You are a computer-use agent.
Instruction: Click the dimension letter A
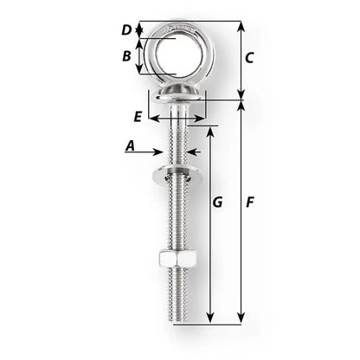tap(131, 147)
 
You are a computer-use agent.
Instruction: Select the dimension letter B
tap(127, 56)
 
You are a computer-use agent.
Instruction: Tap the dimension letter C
tap(248, 59)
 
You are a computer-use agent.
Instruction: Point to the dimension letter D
tap(126, 29)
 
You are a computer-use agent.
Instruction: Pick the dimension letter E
tap(138, 115)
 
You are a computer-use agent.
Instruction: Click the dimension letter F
tap(249, 202)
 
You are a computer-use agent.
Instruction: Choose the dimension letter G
tap(217, 202)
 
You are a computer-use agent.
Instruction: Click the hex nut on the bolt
tap(175, 260)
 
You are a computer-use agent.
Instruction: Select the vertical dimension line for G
tap(209, 225)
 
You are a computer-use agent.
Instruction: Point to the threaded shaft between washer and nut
tap(176, 216)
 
